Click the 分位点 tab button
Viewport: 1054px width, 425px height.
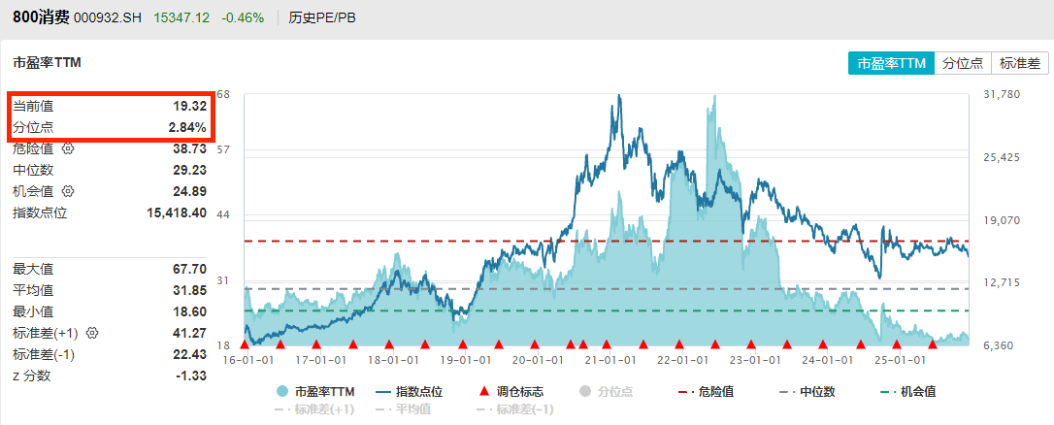pos(964,63)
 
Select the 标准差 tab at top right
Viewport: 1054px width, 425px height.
pos(1019,63)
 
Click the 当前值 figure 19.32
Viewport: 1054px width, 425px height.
pos(189,106)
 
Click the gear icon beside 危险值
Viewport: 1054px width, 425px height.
pos(68,149)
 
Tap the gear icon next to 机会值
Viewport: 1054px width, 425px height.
pos(68,191)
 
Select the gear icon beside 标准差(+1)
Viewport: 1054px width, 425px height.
pos(93,333)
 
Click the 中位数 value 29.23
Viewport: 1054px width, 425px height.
pos(189,170)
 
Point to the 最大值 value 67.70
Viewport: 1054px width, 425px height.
pos(189,269)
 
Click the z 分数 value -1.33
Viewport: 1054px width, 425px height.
pos(191,376)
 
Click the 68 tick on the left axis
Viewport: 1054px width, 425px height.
pos(223,94)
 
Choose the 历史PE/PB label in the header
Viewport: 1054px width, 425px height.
pos(322,18)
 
